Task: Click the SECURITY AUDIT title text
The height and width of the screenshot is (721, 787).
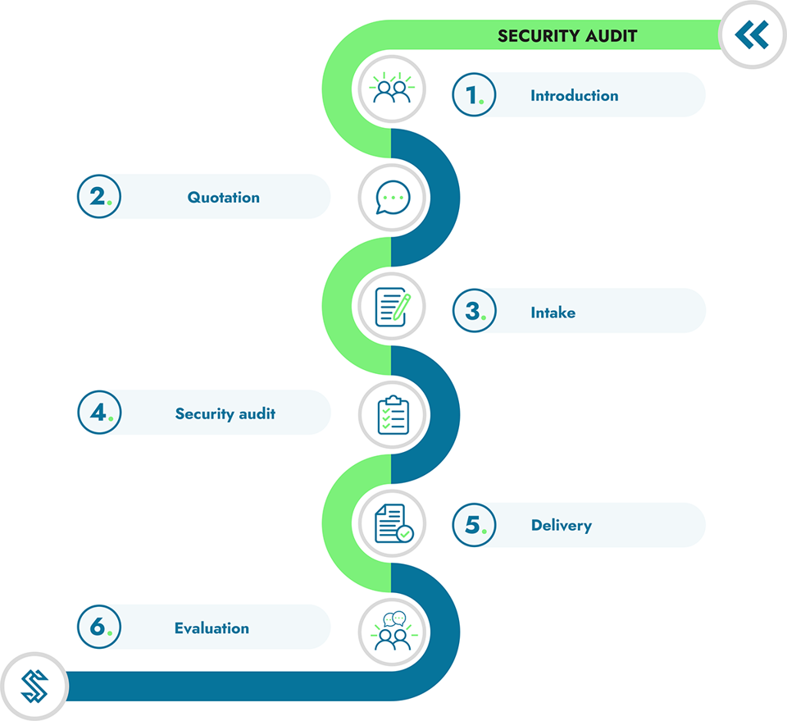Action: (567, 35)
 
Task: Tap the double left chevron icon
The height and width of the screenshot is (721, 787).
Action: (752, 34)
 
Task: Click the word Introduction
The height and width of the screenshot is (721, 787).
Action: (574, 95)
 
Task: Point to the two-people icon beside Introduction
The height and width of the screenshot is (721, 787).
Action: (392, 89)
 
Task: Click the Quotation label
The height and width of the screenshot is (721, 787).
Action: (223, 198)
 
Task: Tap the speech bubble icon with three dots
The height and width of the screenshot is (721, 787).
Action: (393, 198)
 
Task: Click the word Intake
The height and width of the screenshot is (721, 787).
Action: (553, 313)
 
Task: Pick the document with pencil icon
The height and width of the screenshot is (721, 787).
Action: (393, 307)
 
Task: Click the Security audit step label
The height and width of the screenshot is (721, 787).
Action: (225, 413)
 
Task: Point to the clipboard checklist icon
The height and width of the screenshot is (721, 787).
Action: (393, 415)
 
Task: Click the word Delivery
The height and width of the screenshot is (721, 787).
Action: (561, 526)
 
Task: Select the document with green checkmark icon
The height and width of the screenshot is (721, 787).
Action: (394, 523)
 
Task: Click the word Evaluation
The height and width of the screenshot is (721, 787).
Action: (212, 628)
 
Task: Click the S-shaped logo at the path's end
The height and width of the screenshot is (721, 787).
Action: (34, 687)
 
